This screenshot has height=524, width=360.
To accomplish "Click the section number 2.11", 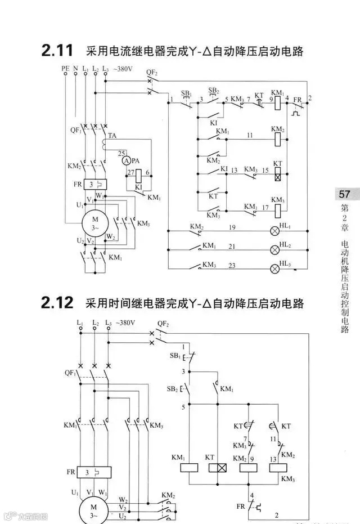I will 57,51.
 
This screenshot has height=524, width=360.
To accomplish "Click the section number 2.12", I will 57,303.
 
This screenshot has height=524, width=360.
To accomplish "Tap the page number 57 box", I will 344,195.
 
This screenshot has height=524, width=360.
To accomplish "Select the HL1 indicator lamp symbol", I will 276,231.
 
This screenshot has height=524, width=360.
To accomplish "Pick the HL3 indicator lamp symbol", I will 276,268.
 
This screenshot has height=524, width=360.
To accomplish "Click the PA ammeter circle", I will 126,160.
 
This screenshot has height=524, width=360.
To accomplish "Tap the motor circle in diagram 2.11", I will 95,220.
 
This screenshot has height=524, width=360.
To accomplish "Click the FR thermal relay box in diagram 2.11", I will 96,185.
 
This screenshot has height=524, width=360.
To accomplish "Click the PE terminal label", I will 65,69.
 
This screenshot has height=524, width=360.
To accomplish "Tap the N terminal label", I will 75,69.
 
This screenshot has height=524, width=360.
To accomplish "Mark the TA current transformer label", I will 112,136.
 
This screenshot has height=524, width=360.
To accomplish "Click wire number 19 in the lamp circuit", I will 231,227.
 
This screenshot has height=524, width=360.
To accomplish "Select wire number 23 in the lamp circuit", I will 231,265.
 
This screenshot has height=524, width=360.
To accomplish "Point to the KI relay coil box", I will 139,174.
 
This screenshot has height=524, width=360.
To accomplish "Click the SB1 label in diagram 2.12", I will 174,357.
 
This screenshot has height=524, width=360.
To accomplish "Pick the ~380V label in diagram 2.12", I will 124,323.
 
